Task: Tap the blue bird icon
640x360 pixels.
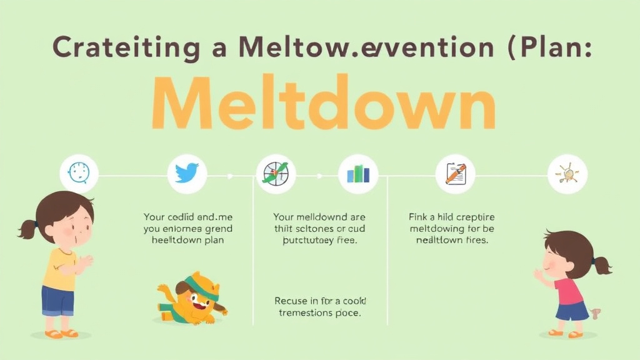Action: click(x=187, y=172)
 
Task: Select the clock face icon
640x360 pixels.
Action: click(x=79, y=172)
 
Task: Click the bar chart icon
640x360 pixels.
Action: click(x=357, y=173)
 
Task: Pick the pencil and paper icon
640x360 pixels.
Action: click(x=455, y=173)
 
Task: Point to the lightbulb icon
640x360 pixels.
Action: click(x=567, y=173)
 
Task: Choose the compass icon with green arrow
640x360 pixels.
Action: click(x=276, y=173)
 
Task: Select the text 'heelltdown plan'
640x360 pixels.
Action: click(x=188, y=241)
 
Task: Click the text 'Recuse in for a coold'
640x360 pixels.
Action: click(x=318, y=300)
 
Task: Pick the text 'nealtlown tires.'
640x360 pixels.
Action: click(x=451, y=241)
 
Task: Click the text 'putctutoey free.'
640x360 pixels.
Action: click(x=319, y=241)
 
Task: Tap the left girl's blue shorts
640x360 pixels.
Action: click(x=57, y=301)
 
